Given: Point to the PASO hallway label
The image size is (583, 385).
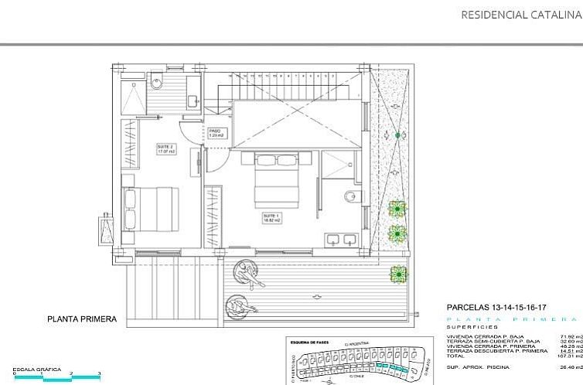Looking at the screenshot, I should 216,132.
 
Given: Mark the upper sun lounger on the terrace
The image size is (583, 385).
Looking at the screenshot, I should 250,272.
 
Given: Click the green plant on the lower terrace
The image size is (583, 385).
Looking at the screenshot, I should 398,273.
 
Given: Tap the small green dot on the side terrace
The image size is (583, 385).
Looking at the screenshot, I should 398,135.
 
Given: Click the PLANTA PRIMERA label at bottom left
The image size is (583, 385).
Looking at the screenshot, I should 82,319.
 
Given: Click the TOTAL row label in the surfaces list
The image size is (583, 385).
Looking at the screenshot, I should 456,356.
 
